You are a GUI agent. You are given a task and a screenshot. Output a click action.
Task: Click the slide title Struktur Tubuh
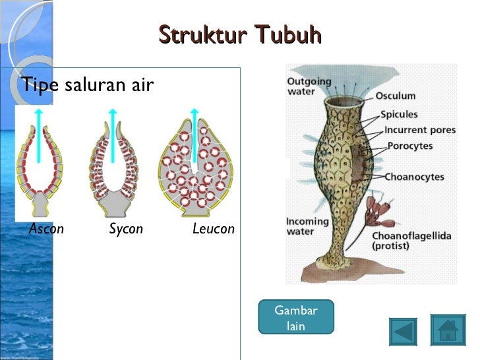[240, 34]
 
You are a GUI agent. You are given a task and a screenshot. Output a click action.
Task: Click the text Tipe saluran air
[87, 84]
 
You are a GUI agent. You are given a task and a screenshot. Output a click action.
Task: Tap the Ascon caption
[46, 229]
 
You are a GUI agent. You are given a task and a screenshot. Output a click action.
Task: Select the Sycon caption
[126, 229]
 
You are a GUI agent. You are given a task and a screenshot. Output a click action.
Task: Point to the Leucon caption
[213, 229]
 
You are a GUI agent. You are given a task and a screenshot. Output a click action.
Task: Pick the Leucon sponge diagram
[196, 165]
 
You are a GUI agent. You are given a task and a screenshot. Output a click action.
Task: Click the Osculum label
[396, 97]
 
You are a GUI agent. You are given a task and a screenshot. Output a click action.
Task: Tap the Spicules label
[404, 114]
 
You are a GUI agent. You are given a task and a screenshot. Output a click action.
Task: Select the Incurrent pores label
[420, 130]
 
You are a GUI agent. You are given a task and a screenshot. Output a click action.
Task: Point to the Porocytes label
[410, 146]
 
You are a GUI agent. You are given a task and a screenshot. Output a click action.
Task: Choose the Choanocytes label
[415, 177]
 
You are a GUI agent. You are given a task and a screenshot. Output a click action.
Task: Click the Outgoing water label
[309, 86]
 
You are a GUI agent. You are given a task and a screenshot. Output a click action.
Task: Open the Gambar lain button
[296, 318]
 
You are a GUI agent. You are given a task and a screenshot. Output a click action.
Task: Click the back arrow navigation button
[403, 330]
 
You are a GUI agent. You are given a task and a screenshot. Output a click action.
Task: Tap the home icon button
[448, 330]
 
